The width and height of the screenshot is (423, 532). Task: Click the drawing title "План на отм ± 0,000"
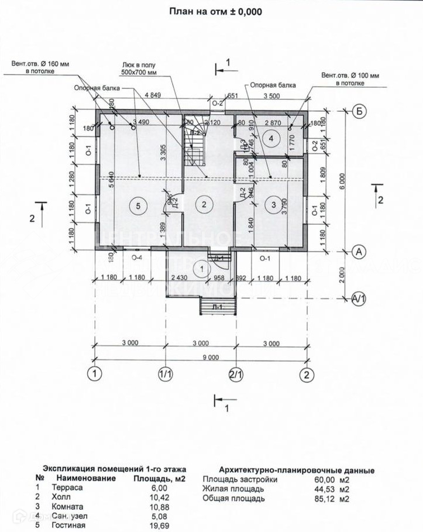point(216,11)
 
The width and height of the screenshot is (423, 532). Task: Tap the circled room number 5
point(137,205)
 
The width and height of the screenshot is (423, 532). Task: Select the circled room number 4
point(270,138)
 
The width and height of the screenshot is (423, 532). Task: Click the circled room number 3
point(273,205)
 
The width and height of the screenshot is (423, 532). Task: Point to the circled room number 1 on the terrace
point(202,269)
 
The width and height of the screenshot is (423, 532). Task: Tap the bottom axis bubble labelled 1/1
point(166,373)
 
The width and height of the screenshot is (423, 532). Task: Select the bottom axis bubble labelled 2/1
point(236,373)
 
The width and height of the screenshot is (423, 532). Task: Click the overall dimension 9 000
point(201,356)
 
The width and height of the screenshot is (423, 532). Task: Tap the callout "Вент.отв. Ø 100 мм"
point(350,80)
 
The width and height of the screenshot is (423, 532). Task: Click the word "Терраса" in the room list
point(63,487)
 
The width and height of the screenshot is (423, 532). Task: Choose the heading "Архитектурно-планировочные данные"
point(296,470)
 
